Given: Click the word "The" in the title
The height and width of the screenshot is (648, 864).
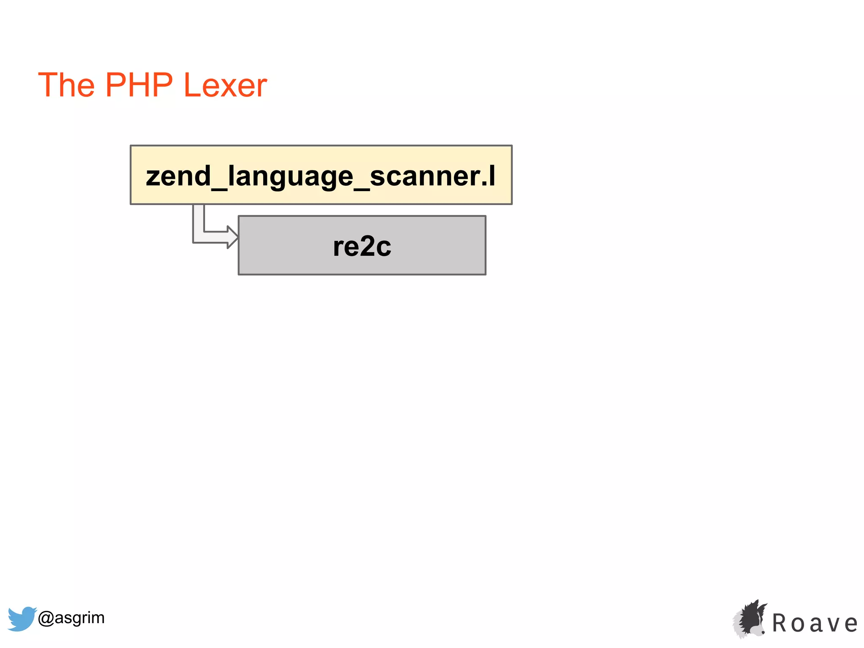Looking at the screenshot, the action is [66, 85].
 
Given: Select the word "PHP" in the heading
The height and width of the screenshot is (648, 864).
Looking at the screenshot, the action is [139, 85].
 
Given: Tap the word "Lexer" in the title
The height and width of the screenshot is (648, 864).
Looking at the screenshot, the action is [225, 85].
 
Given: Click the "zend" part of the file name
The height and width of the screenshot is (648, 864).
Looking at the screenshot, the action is [178, 176].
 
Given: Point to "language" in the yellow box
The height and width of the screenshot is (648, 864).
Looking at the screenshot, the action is [290, 177].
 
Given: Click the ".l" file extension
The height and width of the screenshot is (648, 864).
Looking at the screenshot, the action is [489, 176].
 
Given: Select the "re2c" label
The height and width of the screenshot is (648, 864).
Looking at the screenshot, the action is [362, 246].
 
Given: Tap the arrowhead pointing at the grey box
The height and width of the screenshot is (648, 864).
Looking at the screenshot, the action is [232, 237].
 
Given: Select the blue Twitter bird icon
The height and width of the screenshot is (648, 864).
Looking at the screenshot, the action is [22, 618].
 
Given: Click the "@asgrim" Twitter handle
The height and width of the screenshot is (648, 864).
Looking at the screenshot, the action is [71, 618].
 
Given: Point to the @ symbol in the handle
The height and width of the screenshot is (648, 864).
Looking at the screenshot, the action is [46, 618].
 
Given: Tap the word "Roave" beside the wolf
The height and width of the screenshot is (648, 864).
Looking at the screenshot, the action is [815, 624].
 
